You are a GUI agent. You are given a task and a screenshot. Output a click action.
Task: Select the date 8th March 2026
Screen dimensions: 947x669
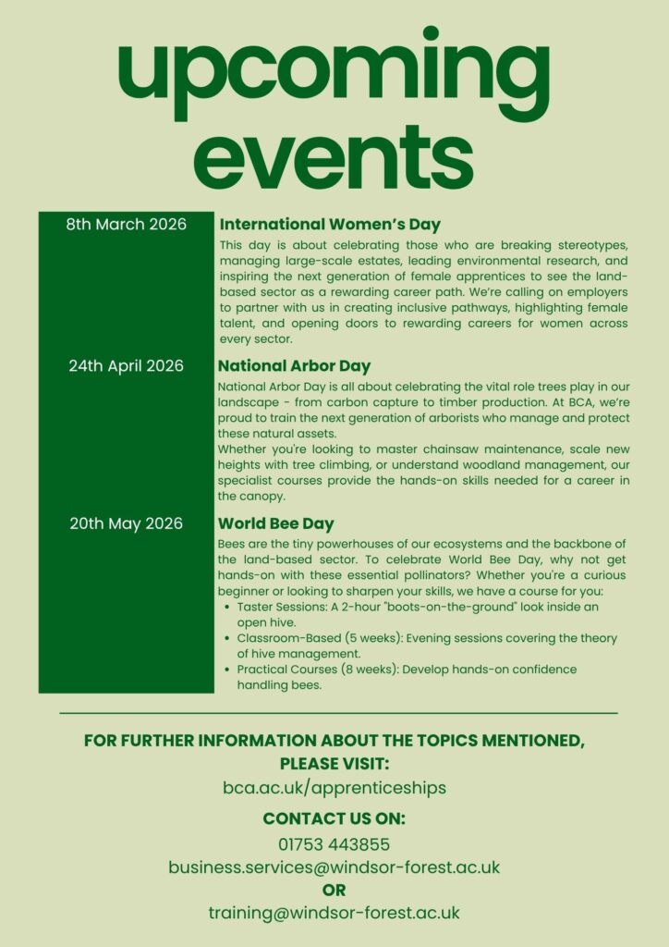click(126, 225)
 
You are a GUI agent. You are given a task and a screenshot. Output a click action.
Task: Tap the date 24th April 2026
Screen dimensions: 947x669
click(126, 365)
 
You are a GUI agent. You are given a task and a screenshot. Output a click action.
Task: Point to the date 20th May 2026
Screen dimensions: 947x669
click(126, 523)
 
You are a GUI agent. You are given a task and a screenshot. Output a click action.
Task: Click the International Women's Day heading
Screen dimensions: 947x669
click(330, 225)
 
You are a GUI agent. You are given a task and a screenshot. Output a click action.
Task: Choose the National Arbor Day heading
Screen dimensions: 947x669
click(295, 365)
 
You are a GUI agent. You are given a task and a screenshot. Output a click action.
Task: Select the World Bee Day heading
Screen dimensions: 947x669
click(276, 523)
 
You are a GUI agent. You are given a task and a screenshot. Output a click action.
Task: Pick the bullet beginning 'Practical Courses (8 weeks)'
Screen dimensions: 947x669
click(407, 677)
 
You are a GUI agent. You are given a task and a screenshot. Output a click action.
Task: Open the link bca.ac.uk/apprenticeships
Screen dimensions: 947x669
click(334, 788)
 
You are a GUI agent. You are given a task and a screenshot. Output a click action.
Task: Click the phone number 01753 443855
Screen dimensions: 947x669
click(334, 844)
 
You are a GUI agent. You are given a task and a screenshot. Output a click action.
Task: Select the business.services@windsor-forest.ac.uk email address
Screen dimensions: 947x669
click(334, 867)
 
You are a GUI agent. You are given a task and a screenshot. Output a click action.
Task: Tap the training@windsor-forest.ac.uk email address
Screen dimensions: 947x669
click(334, 913)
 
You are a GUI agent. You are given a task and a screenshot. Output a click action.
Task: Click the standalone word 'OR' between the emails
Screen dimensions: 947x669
click(334, 891)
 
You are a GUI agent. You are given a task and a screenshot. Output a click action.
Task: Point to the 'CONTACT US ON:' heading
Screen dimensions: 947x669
click(334, 818)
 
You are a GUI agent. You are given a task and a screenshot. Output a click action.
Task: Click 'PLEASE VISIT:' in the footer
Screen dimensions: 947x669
click(334, 764)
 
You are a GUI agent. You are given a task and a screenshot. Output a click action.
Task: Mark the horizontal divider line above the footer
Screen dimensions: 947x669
click(338, 713)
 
